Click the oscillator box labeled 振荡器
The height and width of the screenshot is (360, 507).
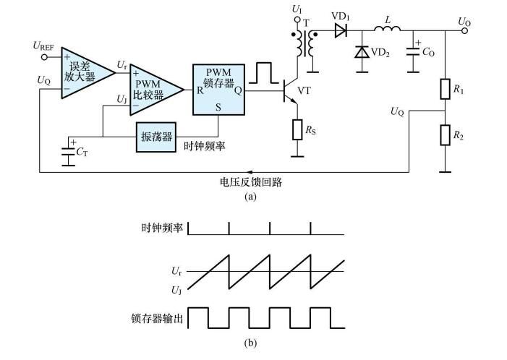pos(155,137)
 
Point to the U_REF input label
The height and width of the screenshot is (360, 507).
pos(43,46)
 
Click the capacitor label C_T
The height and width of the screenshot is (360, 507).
pos(85,153)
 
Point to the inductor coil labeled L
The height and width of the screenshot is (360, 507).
pos(385,30)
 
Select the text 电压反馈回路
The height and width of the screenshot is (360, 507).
pos(250,182)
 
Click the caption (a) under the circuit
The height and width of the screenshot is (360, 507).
pos(250,196)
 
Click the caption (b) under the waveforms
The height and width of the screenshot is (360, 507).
pos(250,343)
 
